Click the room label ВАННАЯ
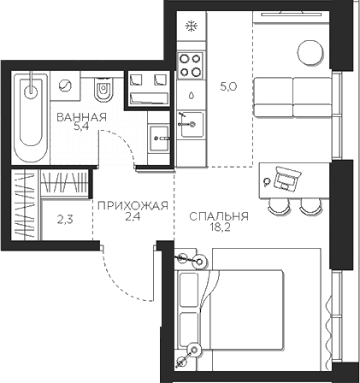click(x=81, y=117)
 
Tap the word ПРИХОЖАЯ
click(x=133, y=205)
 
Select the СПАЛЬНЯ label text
click(x=219, y=216)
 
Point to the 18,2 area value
click(x=219, y=227)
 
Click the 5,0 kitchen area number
click(x=228, y=86)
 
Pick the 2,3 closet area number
click(x=65, y=220)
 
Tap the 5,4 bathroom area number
click(x=81, y=127)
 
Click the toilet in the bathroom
click(x=103, y=89)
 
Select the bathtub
click(x=31, y=117)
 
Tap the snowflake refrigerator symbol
click(x=192, y=27)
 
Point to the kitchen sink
click(x=191, y=124)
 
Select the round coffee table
click(x=310, y=53)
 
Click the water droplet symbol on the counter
click(x=192, y=95)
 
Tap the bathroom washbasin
click(x=159, y=138)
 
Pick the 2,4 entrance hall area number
click(x=133, y=216)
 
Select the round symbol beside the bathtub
click(x=65, y=85)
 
